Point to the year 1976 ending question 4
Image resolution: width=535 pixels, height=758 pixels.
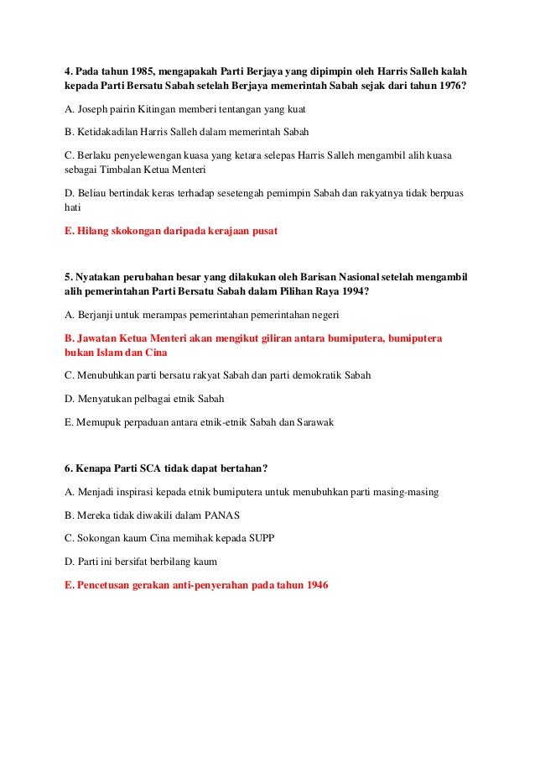[x=449, y=86]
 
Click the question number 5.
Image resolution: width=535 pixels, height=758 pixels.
[x=68, y=277]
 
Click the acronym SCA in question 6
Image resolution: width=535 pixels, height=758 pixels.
[x=158, y=468]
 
